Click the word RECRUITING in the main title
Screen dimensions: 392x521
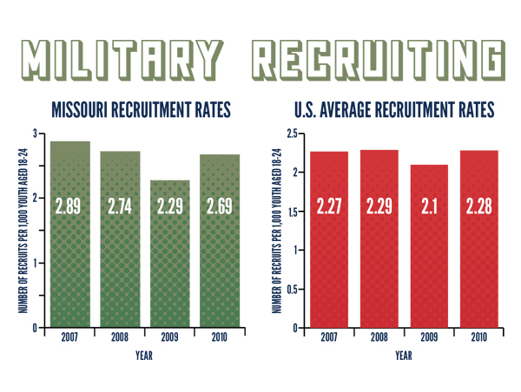click(x=379, y=58)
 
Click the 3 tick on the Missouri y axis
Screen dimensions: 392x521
click(x=36, y=134)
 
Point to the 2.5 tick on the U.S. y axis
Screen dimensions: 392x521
click(x=294, y=134)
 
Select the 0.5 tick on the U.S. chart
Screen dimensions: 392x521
click(x=294, y=289)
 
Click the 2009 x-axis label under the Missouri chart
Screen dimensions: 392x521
click(x=170, y=337)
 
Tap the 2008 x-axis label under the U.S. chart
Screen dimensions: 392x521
click(x=379, y=337)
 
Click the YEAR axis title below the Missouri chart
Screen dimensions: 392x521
click(x=144, y=355)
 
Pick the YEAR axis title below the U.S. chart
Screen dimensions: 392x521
click(x=404, y=355)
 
